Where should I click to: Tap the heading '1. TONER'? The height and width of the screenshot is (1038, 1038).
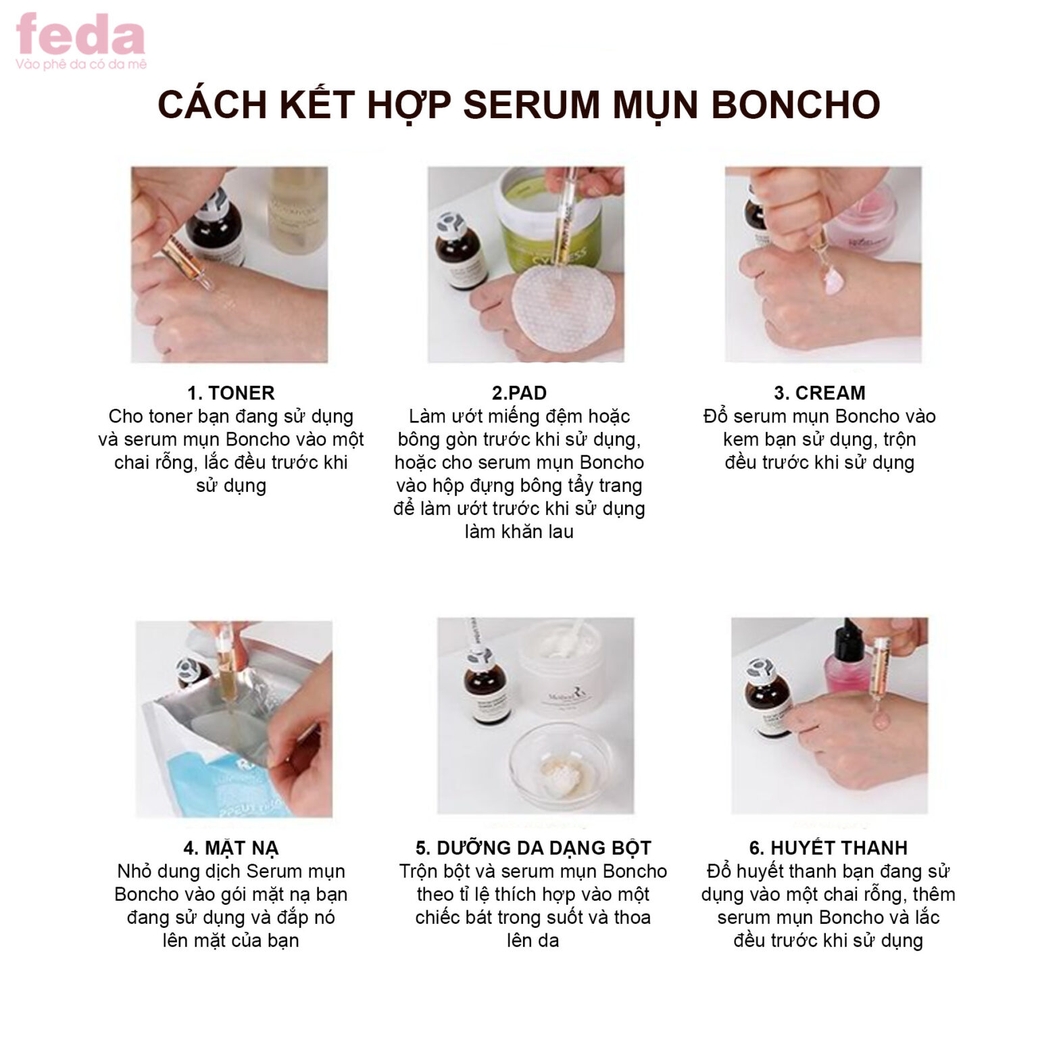(230, 393)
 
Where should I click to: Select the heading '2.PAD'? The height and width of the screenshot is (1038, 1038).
(519, 393)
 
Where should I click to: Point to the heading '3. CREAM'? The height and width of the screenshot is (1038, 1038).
(819, 393)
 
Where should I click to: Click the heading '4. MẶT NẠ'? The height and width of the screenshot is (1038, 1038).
(230, 848)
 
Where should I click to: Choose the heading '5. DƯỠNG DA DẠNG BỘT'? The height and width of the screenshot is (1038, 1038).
(533, 848)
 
